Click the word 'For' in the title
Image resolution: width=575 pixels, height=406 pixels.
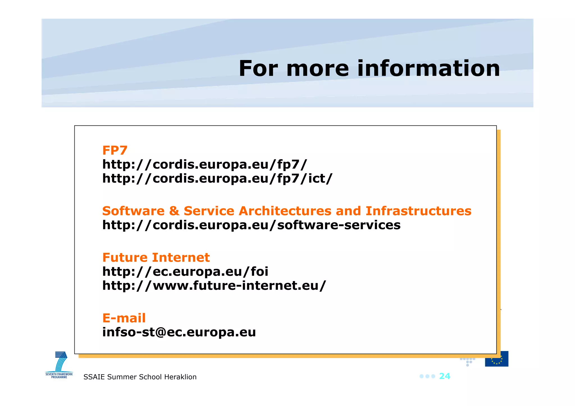(x=258, y=68)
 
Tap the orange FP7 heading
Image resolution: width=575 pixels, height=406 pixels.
(x=115, y=150)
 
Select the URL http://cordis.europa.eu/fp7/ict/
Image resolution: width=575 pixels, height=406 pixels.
(x=217, y=178)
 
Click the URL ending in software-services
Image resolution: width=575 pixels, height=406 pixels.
(x=251, y=225)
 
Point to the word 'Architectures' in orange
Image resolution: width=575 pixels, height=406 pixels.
(x=285, y=211)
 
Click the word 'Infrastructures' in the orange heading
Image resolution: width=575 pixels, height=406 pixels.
(x=418, y=211)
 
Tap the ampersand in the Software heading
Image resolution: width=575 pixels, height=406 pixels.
(x=174, y=211)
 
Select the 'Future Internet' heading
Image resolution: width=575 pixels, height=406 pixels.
(x=156, y=258)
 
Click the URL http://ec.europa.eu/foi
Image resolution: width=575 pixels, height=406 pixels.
(x=185, y=272)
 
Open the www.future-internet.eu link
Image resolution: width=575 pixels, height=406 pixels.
(x=214, y=286)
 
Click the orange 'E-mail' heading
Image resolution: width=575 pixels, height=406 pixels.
(x=124, y=318)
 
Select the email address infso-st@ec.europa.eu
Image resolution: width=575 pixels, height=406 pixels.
(x=179, y=332)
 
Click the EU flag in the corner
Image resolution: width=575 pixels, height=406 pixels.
(x=496, y=359)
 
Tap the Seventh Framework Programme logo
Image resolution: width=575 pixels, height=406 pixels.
(x=60, y=365)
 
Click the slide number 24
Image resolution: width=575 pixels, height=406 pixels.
(x=444, y=376)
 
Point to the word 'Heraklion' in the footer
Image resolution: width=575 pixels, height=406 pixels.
(x=180, y=377)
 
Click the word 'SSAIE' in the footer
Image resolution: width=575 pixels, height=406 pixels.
(x=94, y=377)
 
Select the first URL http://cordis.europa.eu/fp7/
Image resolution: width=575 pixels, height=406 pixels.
(x=205, y=164)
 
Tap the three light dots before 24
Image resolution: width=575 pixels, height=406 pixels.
(x=427, y=376)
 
